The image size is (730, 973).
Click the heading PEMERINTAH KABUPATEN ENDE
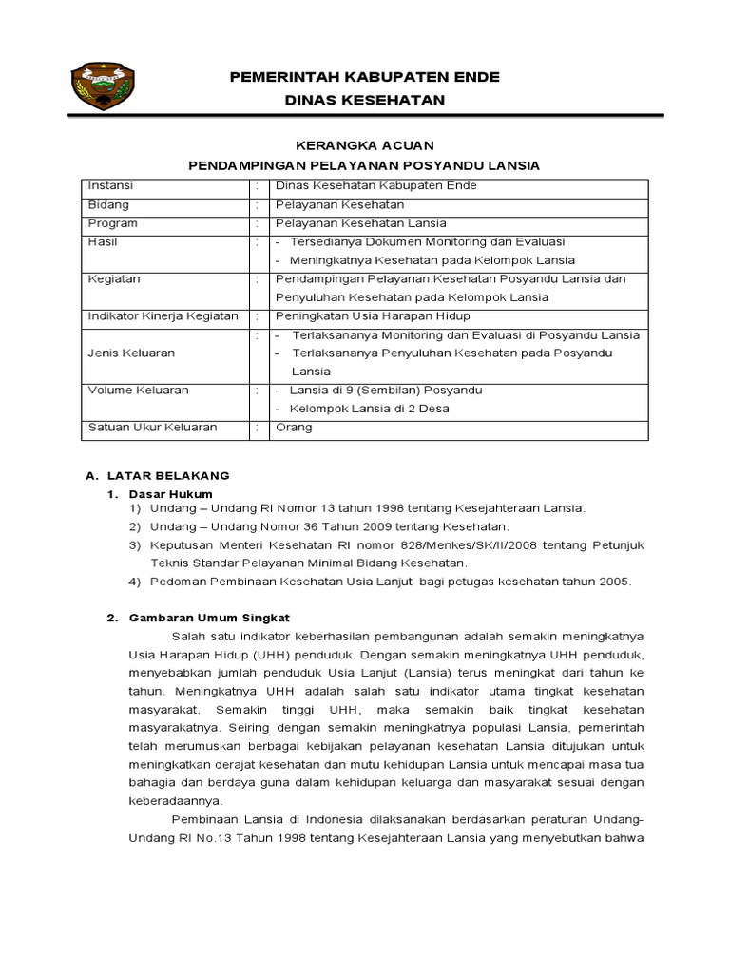point(364,77)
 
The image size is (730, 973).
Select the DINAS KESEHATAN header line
point(364,100)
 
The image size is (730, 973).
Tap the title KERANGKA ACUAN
point(364,145)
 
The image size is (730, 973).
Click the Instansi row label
point(110,186)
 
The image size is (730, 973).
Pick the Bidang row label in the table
point(108,205)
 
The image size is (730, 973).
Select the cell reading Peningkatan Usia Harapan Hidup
point(373,315)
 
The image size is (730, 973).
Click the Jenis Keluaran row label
point(131,353)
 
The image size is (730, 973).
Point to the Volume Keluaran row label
point(138,391)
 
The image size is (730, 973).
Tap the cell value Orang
point(293,428)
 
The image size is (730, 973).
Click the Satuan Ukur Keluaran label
point(152,428)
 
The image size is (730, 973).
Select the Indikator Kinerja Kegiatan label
point(163,315)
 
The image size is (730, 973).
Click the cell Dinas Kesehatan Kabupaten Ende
point(375,186)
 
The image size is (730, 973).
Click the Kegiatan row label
point(114,279)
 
